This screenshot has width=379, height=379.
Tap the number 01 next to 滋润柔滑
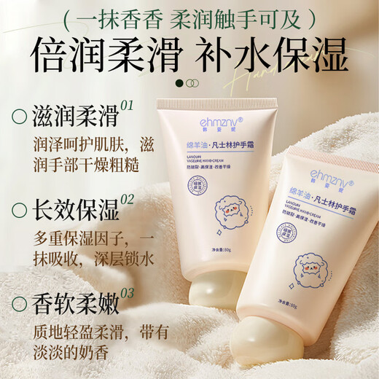tap(127, 106)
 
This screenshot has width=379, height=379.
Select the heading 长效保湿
tap(74, 210)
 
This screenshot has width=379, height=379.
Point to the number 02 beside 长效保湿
tap(128, 200)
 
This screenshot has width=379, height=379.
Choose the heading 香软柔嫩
tap(74, 302)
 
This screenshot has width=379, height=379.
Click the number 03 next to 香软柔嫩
tap(128, 293)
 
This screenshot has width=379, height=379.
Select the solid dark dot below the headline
tap(179, 83)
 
